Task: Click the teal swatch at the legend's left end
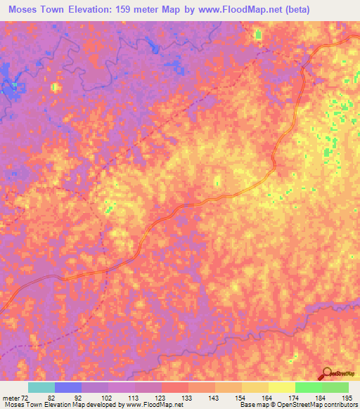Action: [x=41, y=387]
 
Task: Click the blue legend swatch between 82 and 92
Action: [x=68, y=387]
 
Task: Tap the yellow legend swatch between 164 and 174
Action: [x=282, y=387]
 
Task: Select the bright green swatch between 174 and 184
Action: [x=309, y=387]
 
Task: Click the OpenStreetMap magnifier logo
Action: [x=327, y=373]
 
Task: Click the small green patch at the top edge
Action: [x=258, y=34]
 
